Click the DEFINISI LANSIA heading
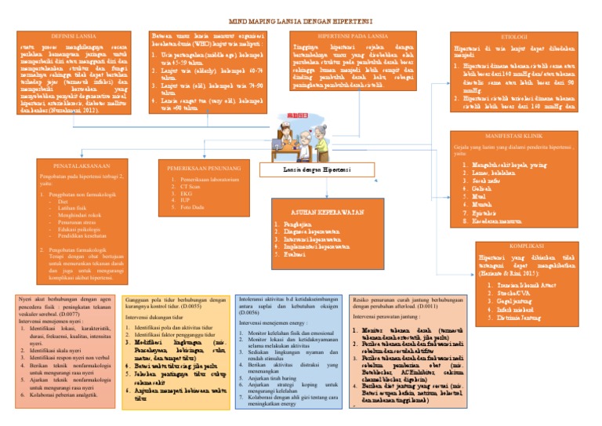click(74, 37)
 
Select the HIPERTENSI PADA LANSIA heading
click(354, 37)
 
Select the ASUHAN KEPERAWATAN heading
click(325, 212)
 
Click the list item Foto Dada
click(193, 209)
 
